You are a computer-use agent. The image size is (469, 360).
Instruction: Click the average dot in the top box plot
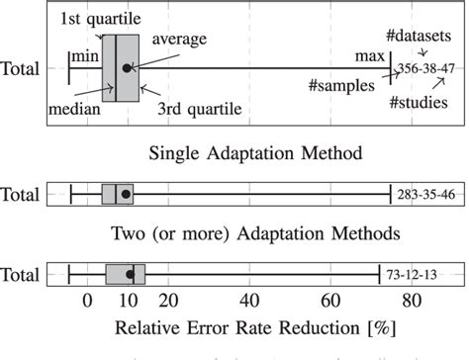[x=126, y=68]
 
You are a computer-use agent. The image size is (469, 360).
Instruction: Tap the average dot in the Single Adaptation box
[x=126, y=194]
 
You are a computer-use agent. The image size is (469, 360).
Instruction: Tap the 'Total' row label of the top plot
[x=21, y=69]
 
